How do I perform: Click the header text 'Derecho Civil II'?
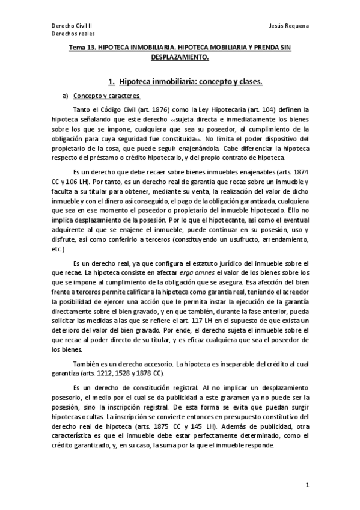70,26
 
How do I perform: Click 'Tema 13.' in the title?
82,47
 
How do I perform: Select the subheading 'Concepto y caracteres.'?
106,96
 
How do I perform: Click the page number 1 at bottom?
307,485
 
